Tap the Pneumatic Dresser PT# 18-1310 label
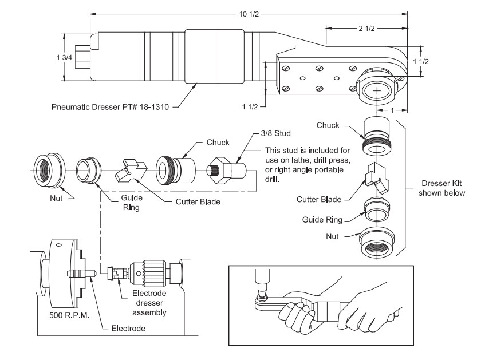(x=108, y=105)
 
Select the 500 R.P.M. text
(x=66, y=315)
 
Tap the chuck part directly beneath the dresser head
(x=377, y=136)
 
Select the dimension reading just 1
(x=391, y=109)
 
